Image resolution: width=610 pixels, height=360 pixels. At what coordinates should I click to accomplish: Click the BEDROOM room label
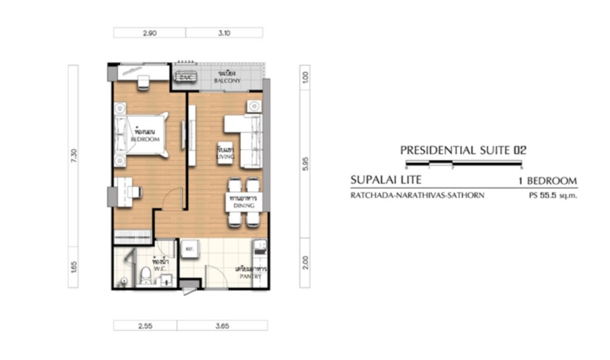145,139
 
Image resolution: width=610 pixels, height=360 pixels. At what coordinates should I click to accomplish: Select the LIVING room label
226,156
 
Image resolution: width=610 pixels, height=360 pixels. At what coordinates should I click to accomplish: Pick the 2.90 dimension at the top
150,33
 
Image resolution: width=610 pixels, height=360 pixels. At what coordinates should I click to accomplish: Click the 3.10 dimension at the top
224,33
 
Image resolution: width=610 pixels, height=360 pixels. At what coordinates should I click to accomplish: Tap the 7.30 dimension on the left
73,156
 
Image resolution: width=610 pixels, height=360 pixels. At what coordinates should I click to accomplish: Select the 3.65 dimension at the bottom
222,326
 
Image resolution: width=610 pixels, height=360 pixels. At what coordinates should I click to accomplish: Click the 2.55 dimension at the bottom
145,326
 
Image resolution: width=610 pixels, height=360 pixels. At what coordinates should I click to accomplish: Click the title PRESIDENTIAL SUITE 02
463,151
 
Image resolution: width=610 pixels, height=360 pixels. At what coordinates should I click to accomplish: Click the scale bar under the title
463,163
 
